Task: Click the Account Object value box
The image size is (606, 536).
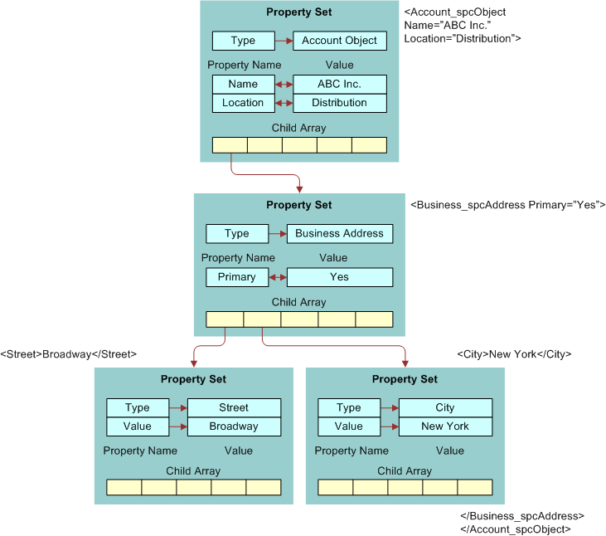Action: click(340, 41)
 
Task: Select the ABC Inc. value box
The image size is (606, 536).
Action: click(340, 84)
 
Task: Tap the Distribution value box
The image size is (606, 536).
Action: click(340, 103)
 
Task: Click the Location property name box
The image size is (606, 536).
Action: click(243, 103)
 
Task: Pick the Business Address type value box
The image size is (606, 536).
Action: click(340, 234)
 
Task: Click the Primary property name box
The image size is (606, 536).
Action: click(237, 277)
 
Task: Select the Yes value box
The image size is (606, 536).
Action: click(340, 277)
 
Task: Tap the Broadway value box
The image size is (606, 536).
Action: click(234, 426)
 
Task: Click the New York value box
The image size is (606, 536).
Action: click(445, 426)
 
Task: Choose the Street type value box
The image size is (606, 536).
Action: click(234, 407)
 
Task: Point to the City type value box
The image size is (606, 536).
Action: click(445, 407)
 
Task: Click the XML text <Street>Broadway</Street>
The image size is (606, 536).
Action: click(69, 354)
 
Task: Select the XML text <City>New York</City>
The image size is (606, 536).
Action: click(514, 354)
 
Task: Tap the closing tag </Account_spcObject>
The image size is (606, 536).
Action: click(516, 529)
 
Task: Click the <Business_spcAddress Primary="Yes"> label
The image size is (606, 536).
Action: click(508, 205)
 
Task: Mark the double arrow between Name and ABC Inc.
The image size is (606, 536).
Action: click(284, 84)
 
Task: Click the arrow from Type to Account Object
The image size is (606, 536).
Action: click(284, 41)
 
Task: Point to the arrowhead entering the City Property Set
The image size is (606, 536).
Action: click(405, 362)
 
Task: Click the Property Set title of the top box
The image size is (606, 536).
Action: click(299, 12)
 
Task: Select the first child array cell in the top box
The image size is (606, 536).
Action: click(230, 145)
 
